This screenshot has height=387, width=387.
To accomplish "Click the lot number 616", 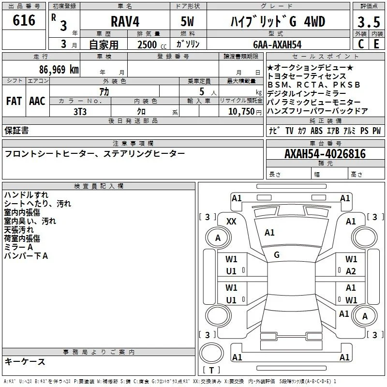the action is tap(24, 20).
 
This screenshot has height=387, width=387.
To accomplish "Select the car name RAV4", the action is tap(125, 21).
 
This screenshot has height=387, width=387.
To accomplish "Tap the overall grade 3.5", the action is tap(369, 22).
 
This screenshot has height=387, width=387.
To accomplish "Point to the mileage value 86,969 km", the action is tap(59, 70).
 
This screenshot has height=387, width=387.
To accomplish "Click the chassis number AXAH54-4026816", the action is tap(325, 154).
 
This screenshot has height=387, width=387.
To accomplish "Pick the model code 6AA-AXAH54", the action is tap(277, 45).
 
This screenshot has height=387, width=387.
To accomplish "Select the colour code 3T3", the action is tap(80, 112).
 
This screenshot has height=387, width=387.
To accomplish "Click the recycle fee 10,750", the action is tap(241, 112).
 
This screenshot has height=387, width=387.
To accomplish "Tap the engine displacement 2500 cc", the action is tap(152, 45).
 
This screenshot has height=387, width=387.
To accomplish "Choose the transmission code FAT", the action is tap(14, 101).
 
